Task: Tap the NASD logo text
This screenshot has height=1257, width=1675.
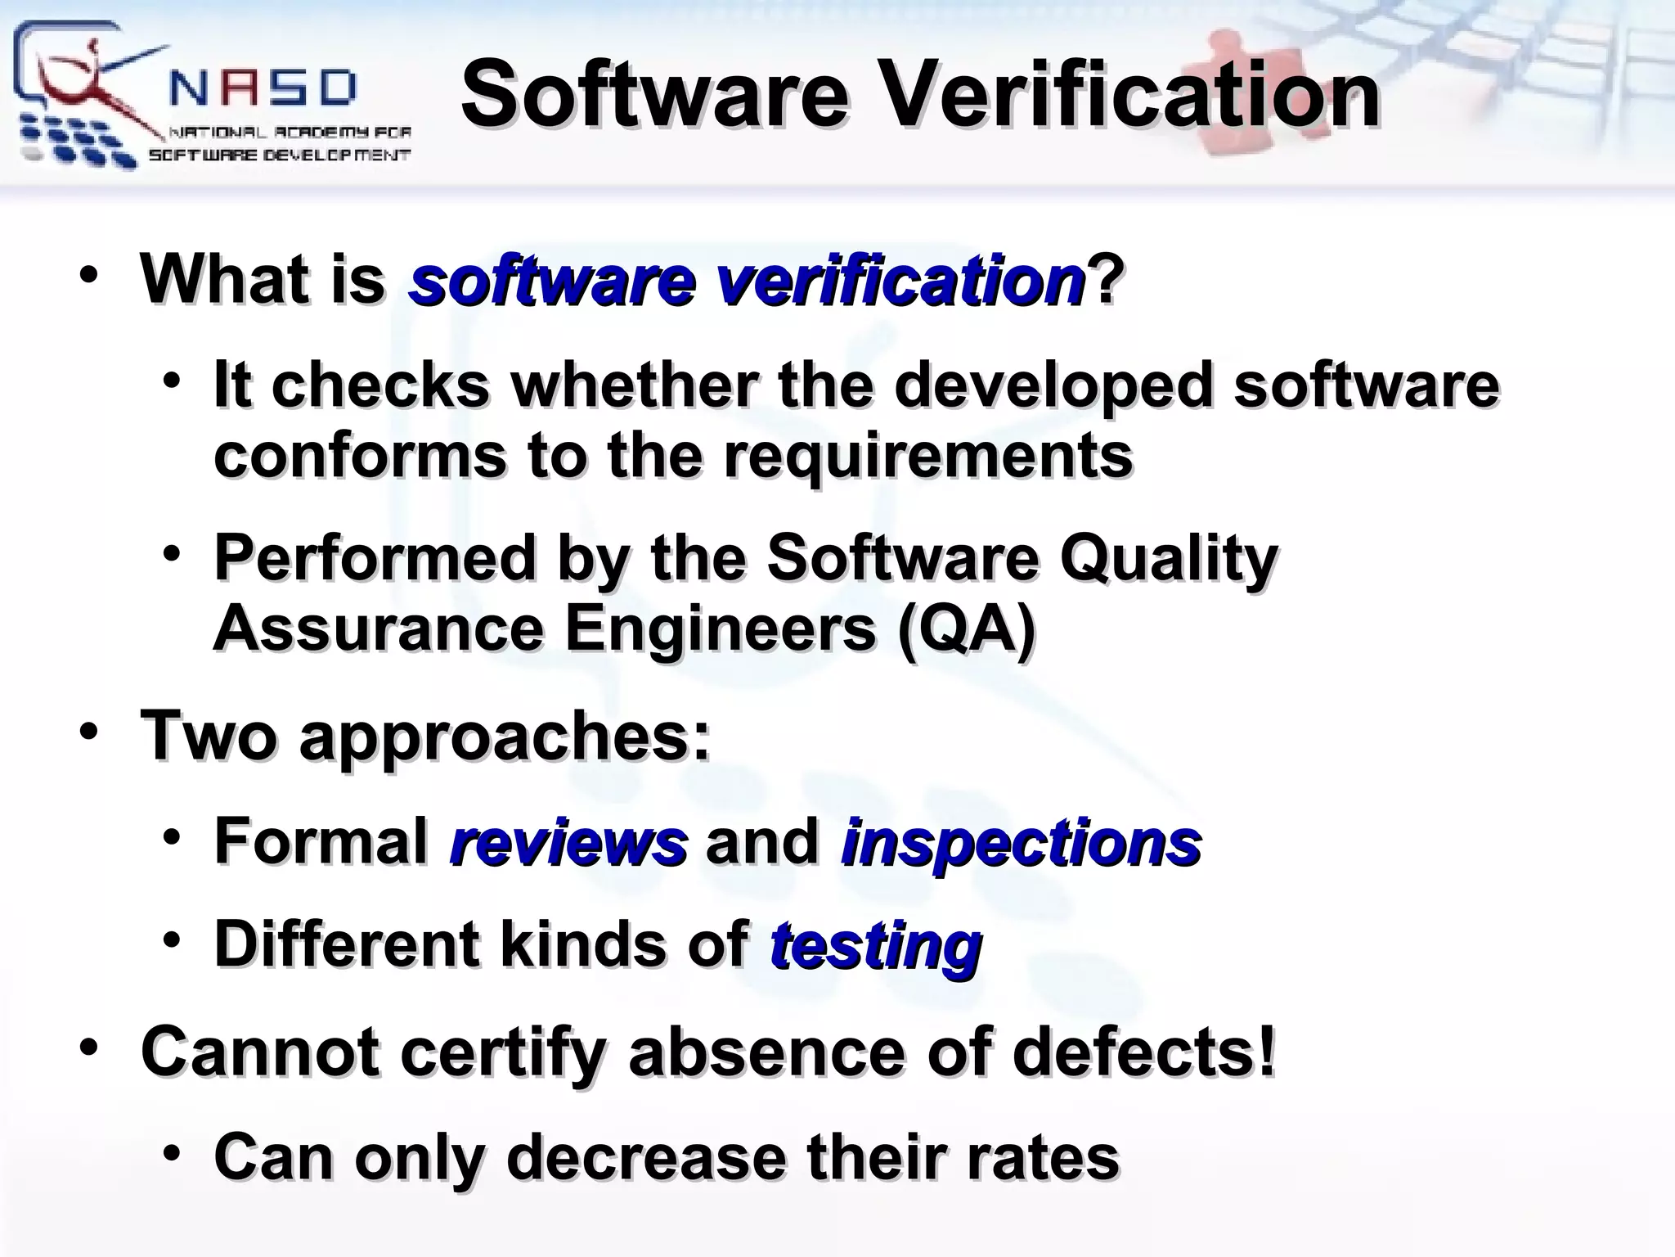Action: [x=263, y=88]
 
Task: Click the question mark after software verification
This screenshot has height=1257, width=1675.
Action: [x=1106, y=281]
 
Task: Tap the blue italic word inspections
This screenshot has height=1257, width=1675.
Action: [x=1021, y=844]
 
